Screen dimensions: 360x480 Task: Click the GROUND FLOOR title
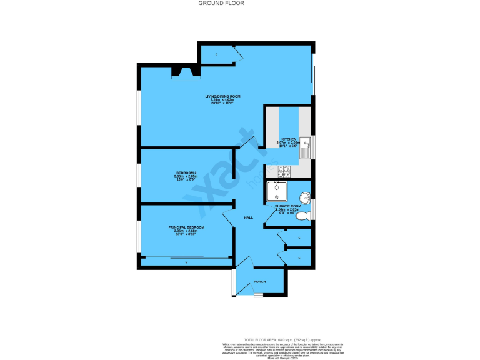click(221, 3)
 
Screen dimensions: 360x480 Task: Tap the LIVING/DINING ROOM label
click(223, 96)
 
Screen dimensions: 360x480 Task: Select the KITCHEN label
click(288, 139)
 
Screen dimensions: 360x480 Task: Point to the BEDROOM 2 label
click(186, 172)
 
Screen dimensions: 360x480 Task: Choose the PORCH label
click(259, 282)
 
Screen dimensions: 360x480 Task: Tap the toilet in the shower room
click(302, 216)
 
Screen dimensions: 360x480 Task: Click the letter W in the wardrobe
click(186, 263)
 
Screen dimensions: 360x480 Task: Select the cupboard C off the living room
click(216, 55)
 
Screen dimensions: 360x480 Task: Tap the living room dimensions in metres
click(223, 99)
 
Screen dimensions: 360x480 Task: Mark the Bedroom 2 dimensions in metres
click(186, 176)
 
